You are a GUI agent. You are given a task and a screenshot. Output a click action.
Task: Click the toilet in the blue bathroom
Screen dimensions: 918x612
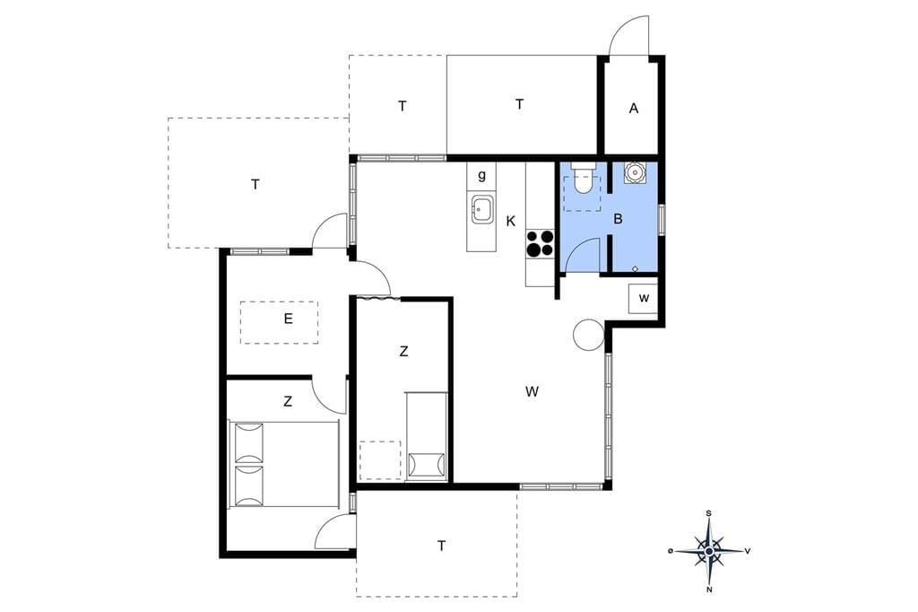[582, 179]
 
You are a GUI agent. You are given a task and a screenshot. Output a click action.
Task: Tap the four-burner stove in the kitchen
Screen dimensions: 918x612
[540, 243]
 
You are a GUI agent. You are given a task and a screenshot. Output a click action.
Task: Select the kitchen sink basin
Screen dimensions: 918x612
[481, 210]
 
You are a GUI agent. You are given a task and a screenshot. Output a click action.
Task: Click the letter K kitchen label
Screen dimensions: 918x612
[511, 222]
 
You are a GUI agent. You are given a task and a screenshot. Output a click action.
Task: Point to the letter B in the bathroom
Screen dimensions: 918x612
[618, 219]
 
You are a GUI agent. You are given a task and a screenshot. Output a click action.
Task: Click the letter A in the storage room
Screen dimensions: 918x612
[634, 109]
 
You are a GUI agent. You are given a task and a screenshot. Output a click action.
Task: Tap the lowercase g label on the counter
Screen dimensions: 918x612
[481, 175]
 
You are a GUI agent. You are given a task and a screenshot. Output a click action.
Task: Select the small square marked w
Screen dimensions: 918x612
[644, 299]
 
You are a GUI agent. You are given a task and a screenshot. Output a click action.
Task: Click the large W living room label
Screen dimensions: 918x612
[532, 391]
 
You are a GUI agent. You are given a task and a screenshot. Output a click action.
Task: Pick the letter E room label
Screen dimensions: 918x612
[288, 319]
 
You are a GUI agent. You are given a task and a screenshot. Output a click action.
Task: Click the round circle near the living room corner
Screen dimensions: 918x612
[588, 335]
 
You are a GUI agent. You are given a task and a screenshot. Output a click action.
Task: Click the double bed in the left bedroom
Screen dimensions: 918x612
[283, 463]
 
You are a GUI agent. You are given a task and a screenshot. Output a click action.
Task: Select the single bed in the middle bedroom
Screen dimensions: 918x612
[426, 436]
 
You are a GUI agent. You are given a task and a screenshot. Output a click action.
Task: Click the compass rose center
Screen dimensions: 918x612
[709, 551]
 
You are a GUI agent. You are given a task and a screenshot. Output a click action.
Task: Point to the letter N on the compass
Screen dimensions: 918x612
[709, 590]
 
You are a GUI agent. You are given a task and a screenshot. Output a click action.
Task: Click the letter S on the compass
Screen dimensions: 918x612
[709, 513]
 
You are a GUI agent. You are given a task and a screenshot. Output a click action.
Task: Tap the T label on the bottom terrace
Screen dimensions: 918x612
[441, 546]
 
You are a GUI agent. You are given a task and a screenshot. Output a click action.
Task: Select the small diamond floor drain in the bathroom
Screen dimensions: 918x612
[636, 268]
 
